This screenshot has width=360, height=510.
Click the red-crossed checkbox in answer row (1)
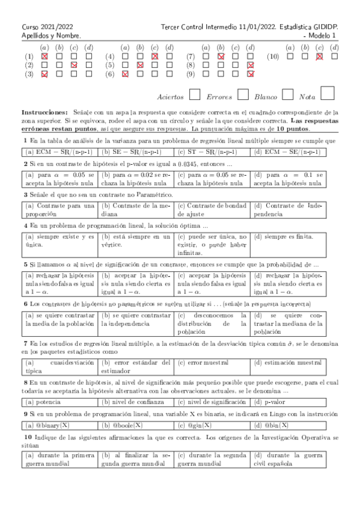(x=44, y=56)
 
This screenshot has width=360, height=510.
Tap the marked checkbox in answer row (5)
(x=139, y=65)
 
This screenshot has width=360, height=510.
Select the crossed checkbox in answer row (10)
(x=319, y=56)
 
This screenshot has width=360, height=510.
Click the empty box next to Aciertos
(x=195, y=94)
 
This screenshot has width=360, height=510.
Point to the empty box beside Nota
(x=328, y=93)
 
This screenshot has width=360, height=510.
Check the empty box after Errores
(x=243, y=94)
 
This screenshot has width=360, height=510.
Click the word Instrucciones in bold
(x=44, y=112)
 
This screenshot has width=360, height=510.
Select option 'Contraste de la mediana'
(x=136, y=210)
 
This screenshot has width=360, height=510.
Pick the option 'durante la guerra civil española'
(x=288, y=460)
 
